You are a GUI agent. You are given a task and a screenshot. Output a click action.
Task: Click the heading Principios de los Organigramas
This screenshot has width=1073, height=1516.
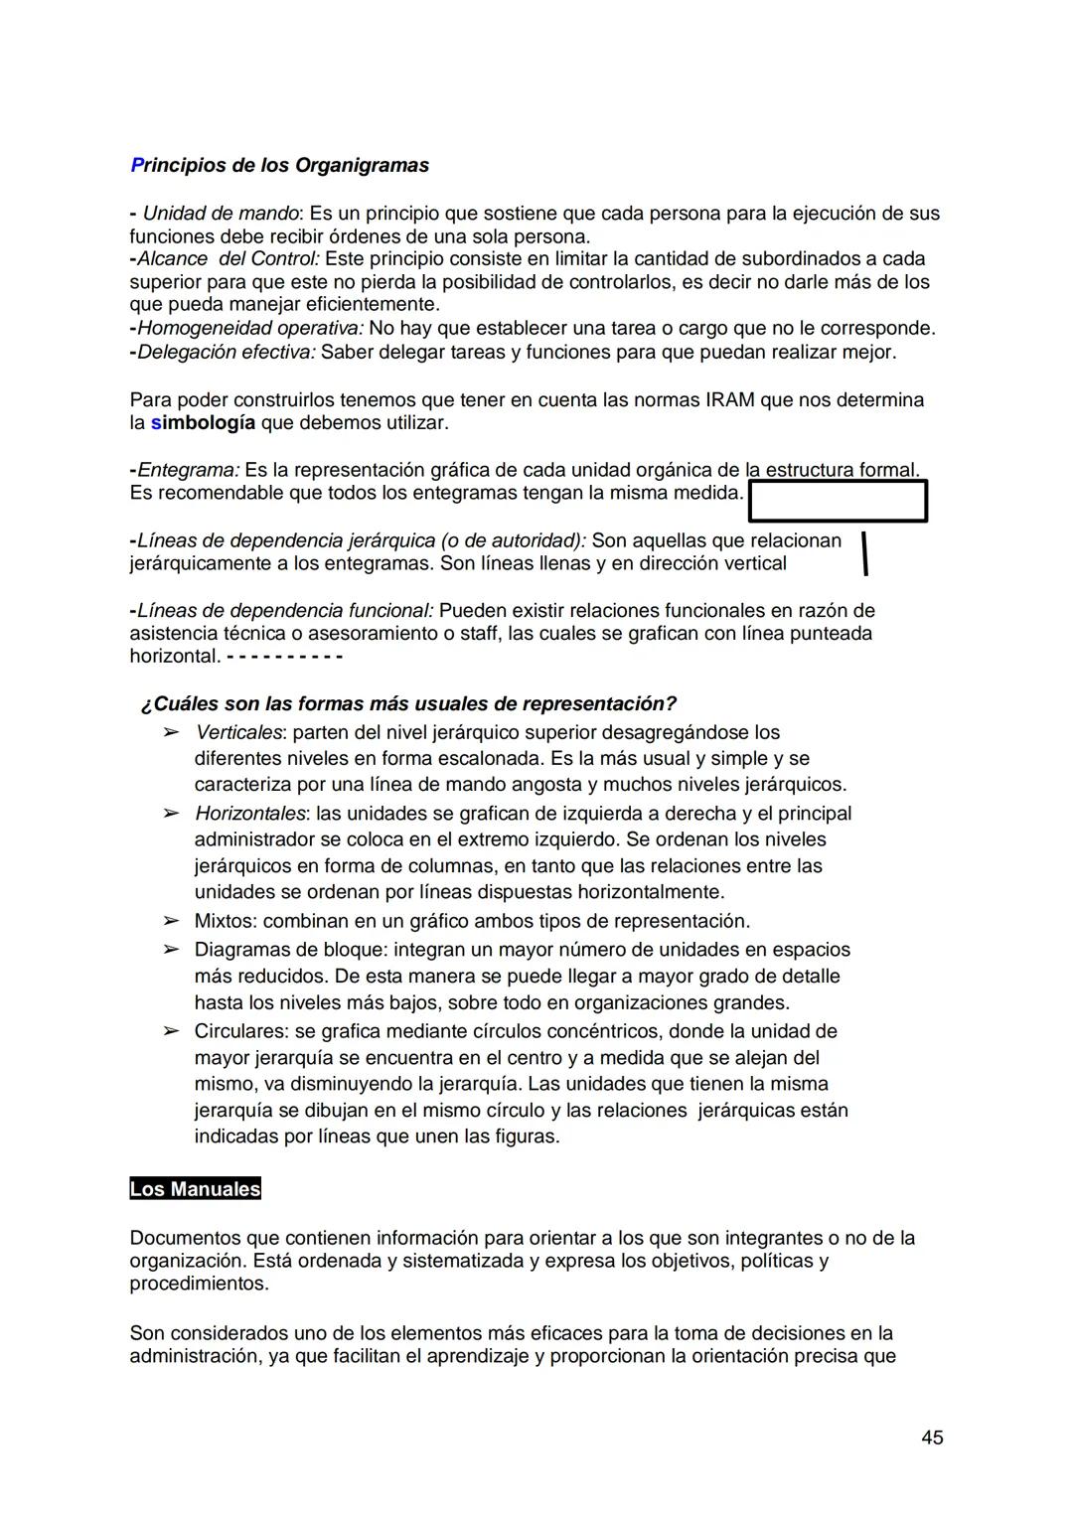click(x=279, y=165)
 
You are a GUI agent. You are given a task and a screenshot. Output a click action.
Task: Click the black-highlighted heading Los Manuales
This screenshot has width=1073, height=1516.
click(x=195, y=1189)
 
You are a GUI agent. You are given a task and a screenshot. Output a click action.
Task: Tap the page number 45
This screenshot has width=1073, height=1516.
click(x=932, y=1438)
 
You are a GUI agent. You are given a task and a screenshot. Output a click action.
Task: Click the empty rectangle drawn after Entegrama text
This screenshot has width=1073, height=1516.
click(x=838, y=501)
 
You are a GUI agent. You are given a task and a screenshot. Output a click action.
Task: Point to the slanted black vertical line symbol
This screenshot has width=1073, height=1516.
click(x=865, y=553)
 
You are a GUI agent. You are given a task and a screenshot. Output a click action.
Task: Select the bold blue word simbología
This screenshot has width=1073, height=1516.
click(x=203, y=423)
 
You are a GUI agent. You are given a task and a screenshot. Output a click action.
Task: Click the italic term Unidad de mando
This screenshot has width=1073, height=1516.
click(x=221, y=214)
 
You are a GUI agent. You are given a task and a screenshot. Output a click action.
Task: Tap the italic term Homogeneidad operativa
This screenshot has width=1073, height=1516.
click(x=249, y=328)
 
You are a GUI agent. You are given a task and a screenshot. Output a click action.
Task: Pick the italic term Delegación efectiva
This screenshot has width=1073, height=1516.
click(x=226, y=352)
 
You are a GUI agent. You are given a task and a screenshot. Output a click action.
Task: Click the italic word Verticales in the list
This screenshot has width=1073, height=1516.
click(x=238, y=732)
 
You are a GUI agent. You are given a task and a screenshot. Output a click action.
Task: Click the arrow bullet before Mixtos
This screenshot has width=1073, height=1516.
click(x=172, y=921)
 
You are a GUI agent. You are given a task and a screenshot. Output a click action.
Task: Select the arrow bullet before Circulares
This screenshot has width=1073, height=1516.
click(x=172, y=1031)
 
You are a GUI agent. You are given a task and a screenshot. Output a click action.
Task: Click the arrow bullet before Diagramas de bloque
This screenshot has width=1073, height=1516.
click(x=172, y=950)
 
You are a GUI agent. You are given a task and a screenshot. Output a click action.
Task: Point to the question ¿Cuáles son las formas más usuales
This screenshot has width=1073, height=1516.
click(x=408, y=703)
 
